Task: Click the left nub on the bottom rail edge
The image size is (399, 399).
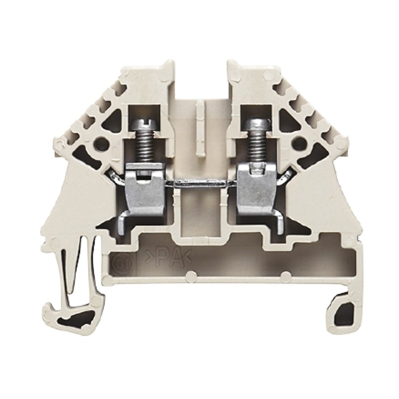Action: pyautogui.click(x=190, y=274)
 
